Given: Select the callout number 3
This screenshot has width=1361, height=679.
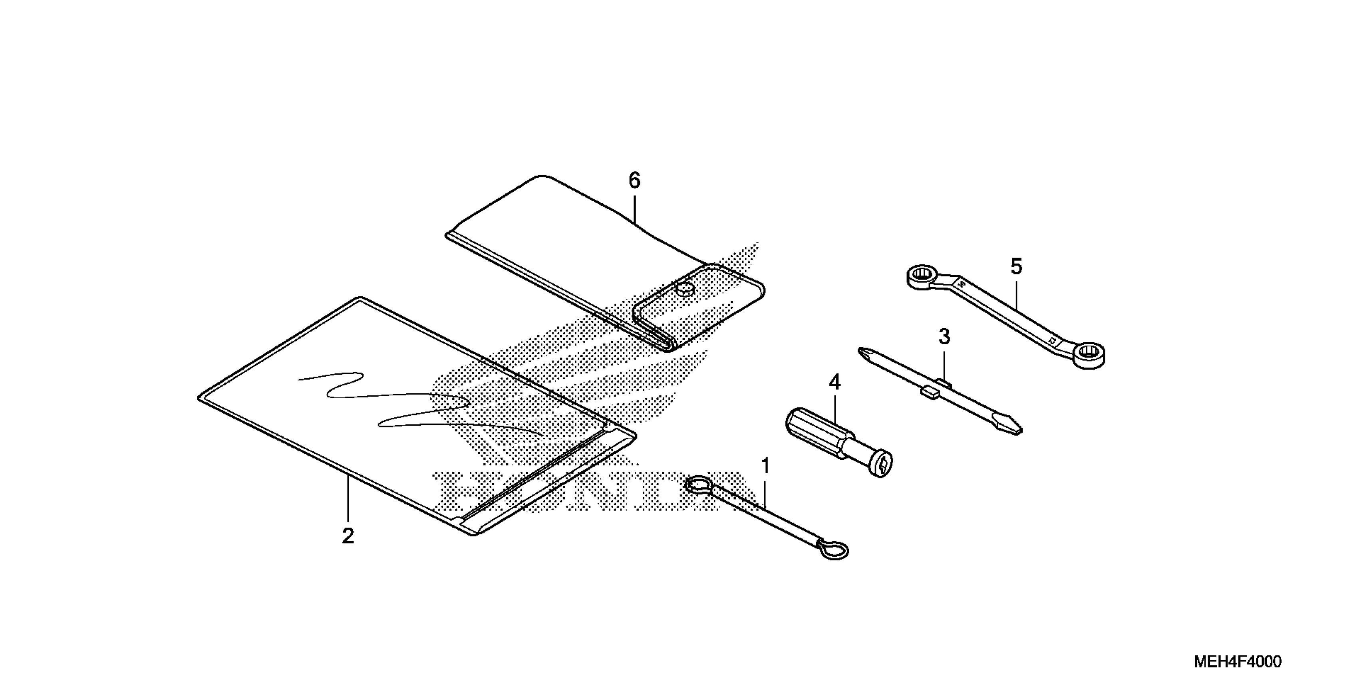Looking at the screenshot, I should [944, 337].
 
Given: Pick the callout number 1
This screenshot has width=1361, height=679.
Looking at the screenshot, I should [765, 467].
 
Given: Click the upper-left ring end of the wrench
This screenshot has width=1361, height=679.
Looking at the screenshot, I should [922, 276].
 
